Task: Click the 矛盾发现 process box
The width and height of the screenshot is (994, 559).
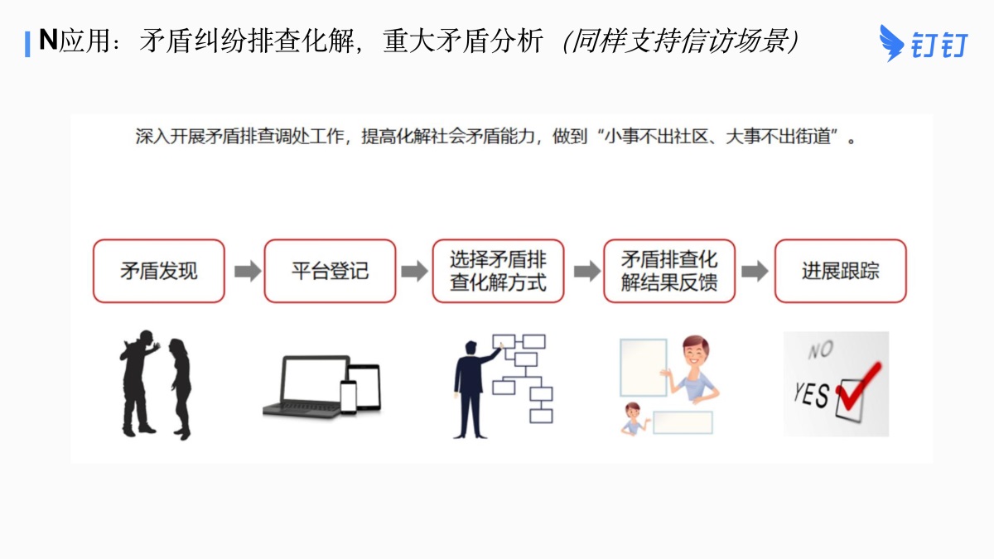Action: [x=158, y=271]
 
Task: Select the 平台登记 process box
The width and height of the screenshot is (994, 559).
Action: [x=330, y=271]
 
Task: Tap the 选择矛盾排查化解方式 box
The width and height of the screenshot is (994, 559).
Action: [x=499, y=271]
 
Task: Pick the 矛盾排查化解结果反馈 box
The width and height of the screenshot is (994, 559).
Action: [x=669, y=271]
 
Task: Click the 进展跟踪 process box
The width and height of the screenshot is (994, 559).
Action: [x=840, y=271]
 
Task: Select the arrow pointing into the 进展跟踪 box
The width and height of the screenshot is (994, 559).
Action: [x=754, y=272]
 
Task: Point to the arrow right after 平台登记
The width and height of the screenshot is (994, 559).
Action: [x=414, y=272]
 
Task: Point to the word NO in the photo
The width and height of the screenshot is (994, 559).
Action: [x=820, y=351]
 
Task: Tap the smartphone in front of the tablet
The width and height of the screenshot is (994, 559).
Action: [x=348, y=396]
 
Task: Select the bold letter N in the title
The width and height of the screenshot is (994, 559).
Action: [x=48, y=40]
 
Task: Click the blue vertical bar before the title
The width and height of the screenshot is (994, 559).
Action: [x=27, y=42]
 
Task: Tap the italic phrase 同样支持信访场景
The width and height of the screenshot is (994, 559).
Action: [x=679, y=41]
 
